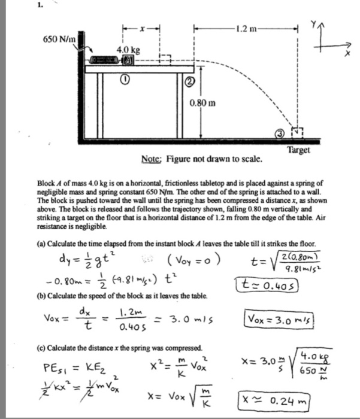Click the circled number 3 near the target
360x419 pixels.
[279, 135]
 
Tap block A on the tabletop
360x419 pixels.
[128, 61]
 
